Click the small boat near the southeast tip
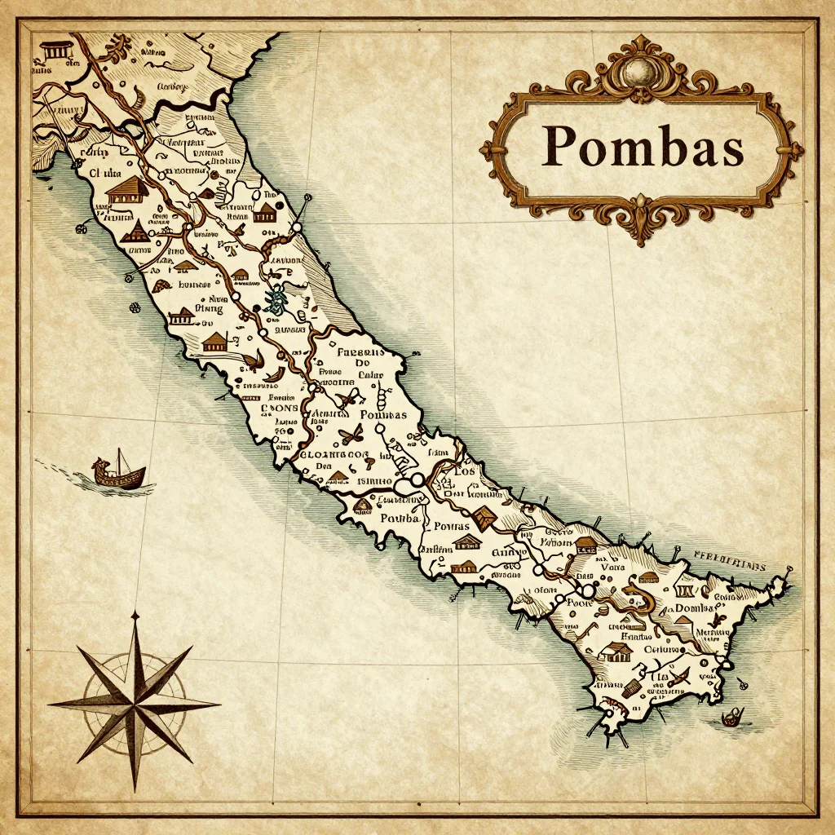pyautogui.click(x=733, y=717)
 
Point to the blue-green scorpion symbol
pyautogui.click(x=276, y=300)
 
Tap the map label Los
pyautogui.click(x=464, y=472)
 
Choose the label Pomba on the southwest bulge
pyautogui.click(x=400, y=519)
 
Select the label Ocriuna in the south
pyautogui.click(x=662, y=649)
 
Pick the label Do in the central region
pyautogui.click(x=363, y=364)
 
